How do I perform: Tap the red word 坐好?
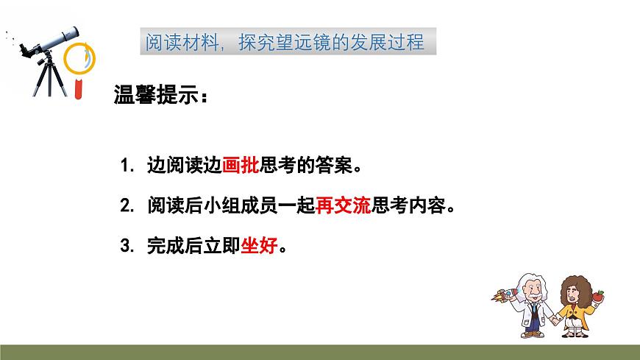tap(260, 245)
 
